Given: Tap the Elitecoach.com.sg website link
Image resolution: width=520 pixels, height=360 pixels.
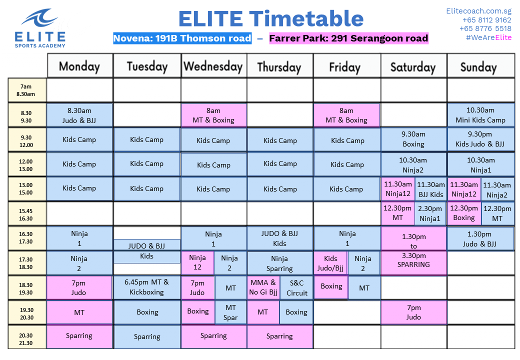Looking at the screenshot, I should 479,10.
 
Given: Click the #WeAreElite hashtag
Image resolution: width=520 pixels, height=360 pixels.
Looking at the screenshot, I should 488,37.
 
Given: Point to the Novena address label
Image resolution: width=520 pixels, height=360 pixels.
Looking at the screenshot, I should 182,38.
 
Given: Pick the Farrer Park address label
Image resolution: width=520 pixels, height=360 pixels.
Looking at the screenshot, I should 348,38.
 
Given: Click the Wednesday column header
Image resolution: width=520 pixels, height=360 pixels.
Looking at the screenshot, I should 213,66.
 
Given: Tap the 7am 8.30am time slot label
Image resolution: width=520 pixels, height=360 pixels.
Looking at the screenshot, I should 26,90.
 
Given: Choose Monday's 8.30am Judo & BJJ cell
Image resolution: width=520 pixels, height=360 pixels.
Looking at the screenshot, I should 79,115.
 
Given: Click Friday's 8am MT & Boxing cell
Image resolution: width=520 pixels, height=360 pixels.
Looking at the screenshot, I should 346,115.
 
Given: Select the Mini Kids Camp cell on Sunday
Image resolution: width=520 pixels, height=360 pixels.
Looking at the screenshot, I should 480,115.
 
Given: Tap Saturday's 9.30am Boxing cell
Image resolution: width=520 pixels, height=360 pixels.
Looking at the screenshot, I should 413,139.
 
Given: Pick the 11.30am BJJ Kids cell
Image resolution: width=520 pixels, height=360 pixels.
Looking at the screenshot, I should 430,189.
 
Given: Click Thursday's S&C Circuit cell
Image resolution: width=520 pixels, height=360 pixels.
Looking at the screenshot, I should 296,287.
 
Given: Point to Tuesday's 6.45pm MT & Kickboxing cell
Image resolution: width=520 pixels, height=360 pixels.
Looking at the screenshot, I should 146,287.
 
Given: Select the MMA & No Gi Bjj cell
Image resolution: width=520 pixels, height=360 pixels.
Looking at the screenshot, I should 263,287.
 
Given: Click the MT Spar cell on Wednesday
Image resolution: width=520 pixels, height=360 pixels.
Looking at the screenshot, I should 230,312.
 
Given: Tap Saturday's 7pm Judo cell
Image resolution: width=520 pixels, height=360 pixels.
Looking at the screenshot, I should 413,312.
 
